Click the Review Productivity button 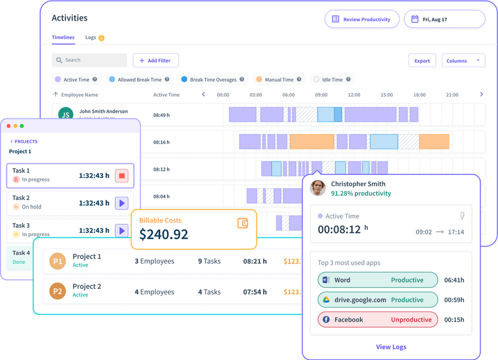tap(362, 19)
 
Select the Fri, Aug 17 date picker tap(444, 19)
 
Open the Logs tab tap(91, 37)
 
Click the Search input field tap(90, 60)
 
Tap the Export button tap(422, 60)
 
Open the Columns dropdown tap(464, 60)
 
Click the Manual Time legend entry tap(275, 80)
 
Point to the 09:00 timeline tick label tap(321, 95)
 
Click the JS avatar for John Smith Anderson tap(65, 114)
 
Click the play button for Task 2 tap(122, 203)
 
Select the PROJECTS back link tap(24, 141)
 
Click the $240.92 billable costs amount tap(164, 235)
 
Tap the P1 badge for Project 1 tap(57, 262)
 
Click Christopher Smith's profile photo tap(318, 188)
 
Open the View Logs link tap(391, 347)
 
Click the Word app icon tap(325, 280)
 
